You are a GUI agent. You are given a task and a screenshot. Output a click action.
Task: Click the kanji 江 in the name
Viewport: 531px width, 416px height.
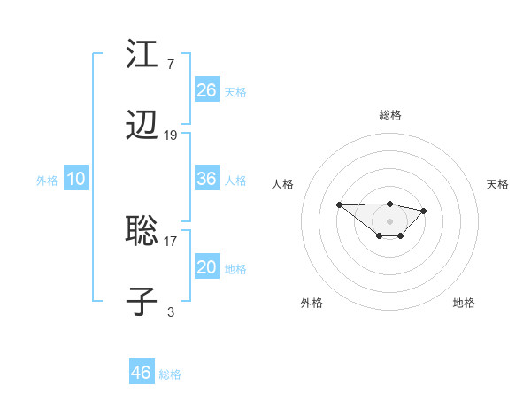[x=142, y=55]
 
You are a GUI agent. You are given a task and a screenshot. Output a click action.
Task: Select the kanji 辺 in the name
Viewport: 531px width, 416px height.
[x=142, y=127]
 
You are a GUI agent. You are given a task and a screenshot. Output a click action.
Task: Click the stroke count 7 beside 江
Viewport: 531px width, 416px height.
[x=171, y=64]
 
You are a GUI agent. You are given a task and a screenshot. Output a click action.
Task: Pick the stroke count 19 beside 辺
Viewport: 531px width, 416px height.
[x=171, y=135]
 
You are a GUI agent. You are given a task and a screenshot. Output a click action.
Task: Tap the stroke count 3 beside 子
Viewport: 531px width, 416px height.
[x=171, y=312]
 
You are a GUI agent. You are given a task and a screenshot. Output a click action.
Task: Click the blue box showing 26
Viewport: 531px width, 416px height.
[x=207, y=90]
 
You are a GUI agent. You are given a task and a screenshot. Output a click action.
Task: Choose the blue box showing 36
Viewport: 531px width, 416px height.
[x=207, y=179]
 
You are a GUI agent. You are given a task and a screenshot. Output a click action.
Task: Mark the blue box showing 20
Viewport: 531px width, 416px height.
[x=207, y=267]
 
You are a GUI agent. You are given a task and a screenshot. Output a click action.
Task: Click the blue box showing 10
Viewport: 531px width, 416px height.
[x=76, y=179]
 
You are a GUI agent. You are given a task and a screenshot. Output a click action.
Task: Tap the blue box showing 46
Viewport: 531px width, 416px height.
[x=142, y=373]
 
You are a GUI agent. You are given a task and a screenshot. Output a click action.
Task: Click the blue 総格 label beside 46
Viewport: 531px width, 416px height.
[x=171, y=374]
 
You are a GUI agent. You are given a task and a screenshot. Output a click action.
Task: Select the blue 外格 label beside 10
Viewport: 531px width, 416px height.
[x=47, y=181]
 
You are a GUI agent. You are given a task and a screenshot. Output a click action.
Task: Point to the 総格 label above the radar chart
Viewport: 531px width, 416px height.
[x=390, y=115]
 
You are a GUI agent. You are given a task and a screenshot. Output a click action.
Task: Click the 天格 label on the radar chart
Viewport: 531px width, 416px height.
[x=498, y=184]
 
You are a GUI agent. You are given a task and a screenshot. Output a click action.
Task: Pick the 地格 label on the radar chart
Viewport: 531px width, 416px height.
[x=464, y=303]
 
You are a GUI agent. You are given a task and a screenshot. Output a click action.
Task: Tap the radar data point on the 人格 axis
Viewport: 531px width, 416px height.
[x=340, y=204]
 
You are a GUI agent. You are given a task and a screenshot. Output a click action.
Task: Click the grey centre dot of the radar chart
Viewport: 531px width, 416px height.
[x=390, y=220]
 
